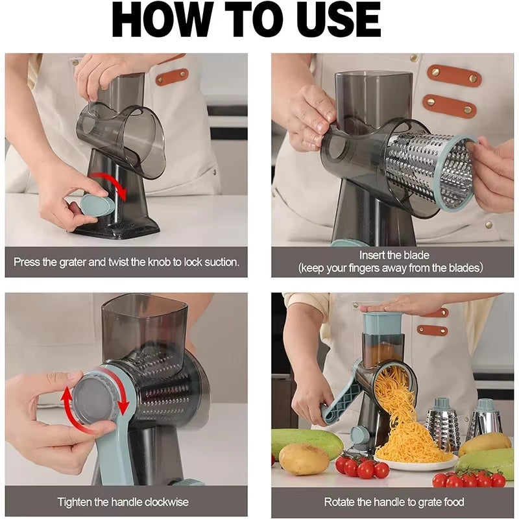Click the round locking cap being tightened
pos(96,396)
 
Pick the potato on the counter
pos(304,459)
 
